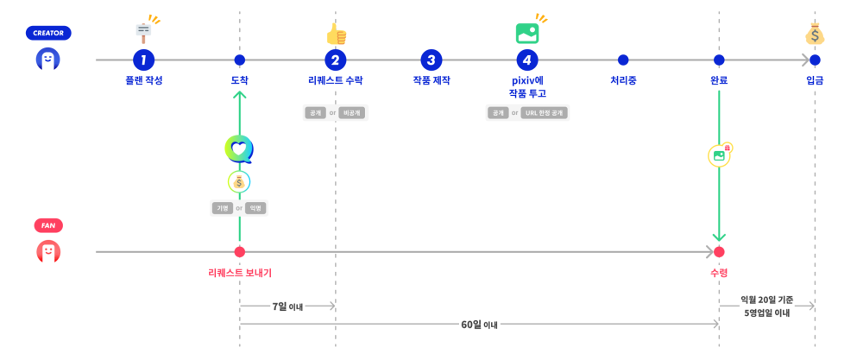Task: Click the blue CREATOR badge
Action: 48,33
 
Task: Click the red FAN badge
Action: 48,225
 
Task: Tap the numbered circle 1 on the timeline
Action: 144,60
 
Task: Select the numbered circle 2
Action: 336,60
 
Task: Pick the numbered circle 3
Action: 431,60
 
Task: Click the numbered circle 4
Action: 527,60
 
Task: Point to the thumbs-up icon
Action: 336,34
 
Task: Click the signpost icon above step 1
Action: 144,33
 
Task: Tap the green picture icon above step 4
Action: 527,34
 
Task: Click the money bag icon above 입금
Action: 815,34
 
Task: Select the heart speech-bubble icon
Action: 239,149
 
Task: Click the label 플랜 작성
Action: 144,80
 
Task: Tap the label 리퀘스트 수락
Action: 336,80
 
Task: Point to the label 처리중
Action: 623,80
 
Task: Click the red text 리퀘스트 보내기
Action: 240,272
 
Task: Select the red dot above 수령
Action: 719,252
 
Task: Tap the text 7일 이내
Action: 287,306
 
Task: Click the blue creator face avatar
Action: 48,60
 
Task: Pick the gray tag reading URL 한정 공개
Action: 544,113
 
